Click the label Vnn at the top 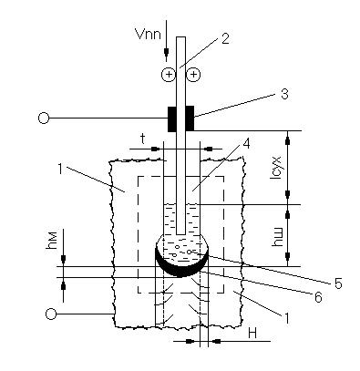pyautogui.click(x=149, y=34)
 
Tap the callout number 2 pyautogui.click(x=225, y=38)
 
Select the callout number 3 pyautogui.click(x=284, y=94)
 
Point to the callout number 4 pyautogui.click(x=247, y=143)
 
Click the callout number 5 pyautogui.click(x=338, y=283)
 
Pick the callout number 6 pyautogui.click(x=318, y=297)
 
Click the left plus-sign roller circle pyautogui.click(x=169, y=75)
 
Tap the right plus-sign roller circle pyautogui.click(x=193, y=75)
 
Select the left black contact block pyautogui.click(x=172, y=119)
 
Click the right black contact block pyautogui.click(x=190, y=119)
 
